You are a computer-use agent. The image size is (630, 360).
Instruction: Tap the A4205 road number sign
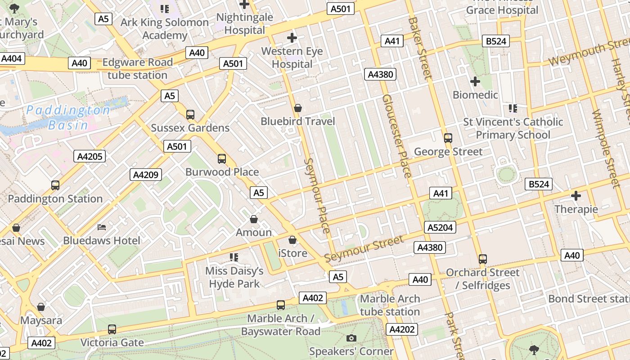tap(90, 156)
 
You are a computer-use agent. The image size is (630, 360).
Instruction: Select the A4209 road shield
tap(146, 175)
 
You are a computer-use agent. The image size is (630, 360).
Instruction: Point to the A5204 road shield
tap(440, 227)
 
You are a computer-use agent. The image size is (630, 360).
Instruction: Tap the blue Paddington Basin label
tap(68, 117)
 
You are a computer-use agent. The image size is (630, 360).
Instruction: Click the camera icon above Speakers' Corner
tap(351, 338)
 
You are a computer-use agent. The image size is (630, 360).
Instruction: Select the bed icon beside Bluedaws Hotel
tap(102, 227)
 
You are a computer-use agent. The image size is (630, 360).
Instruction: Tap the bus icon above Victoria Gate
tap(112, 329)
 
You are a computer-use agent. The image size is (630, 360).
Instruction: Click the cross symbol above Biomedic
tap(475, 81)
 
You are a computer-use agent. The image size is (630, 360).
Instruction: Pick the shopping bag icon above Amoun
tap(254, 219)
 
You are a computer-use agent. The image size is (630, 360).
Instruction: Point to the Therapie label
tap(576, 209)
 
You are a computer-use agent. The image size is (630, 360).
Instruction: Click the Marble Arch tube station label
tap(390, 305)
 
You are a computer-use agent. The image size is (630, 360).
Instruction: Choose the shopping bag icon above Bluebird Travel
tap(297, 108)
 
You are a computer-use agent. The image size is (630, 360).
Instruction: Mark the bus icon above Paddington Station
tap(55, 185)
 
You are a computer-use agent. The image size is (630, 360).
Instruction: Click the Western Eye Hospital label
tap(292, 58)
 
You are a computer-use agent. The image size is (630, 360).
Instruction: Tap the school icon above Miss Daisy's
tap(234, 257)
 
